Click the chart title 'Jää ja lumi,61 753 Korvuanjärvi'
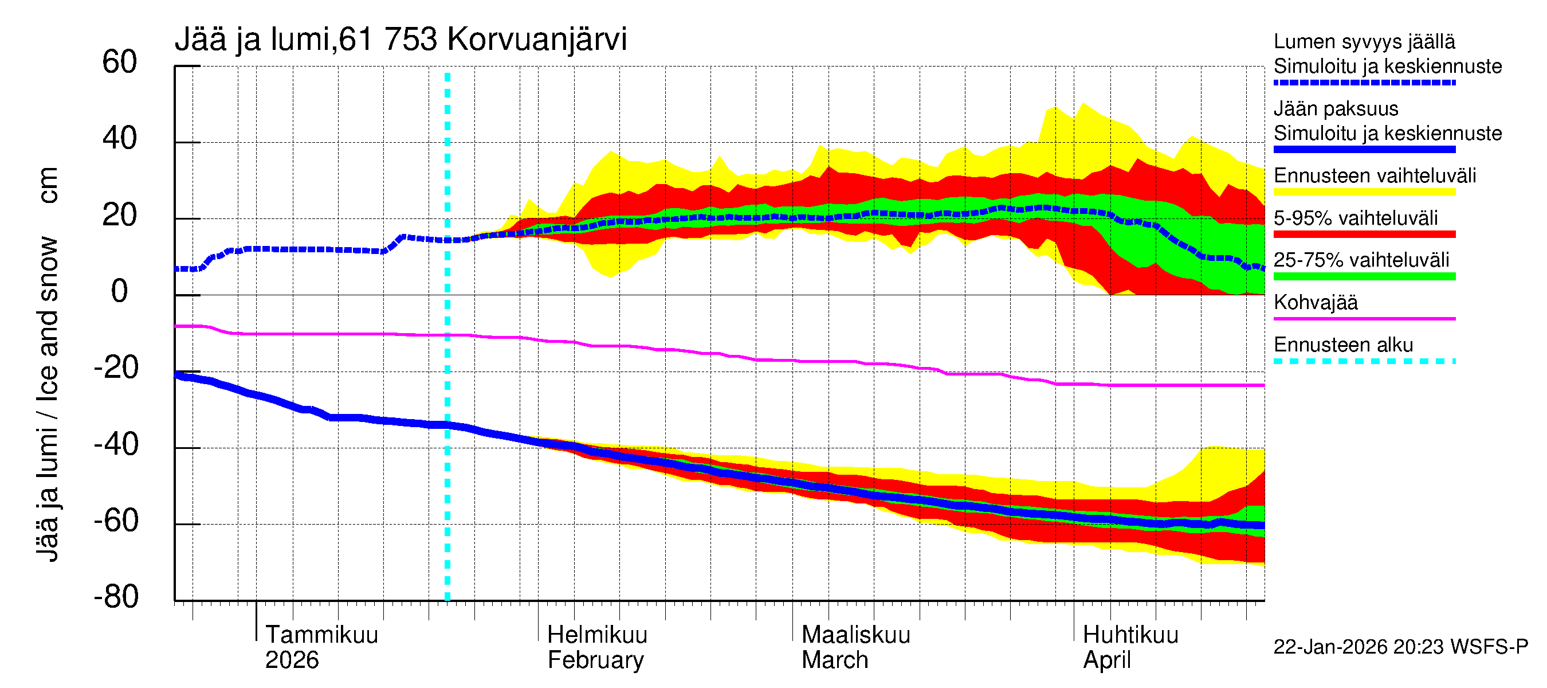401,40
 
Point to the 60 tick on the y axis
120,62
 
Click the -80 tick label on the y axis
116,597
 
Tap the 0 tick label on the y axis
120,292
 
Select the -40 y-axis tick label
116,445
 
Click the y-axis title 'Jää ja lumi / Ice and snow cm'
48,365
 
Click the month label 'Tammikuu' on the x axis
322,635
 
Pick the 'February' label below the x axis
595,660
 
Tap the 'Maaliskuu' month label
856,635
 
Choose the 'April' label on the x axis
1106,660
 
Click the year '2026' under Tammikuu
292,660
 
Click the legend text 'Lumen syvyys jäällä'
1364,42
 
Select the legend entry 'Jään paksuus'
1336,110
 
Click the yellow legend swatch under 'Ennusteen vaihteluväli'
1364,192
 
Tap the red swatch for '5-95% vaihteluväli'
1364,234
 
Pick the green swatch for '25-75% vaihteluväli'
1364,276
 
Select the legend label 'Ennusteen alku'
1343,346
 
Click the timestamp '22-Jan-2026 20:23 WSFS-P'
1400,647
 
